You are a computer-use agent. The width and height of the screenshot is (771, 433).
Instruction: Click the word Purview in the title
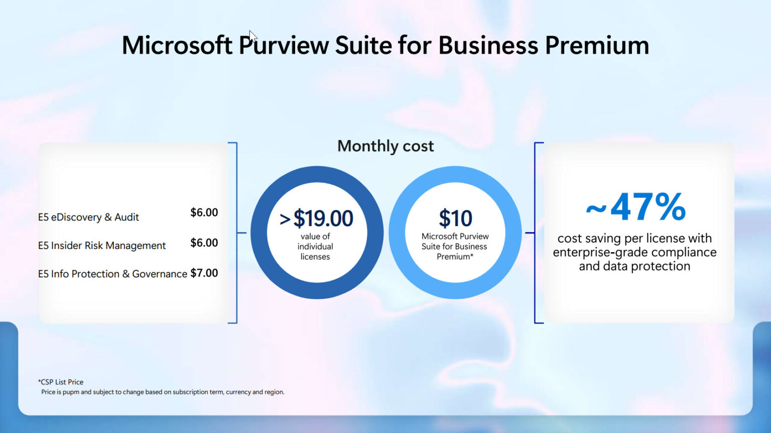point(284,45)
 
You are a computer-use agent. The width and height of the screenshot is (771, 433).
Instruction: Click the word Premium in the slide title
point(597,45)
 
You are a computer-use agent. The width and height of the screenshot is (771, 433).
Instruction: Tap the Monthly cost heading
point(385,146)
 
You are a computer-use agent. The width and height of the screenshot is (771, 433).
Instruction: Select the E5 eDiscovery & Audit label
point(88,217)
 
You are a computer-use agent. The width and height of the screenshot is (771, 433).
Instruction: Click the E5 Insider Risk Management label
point(102,246)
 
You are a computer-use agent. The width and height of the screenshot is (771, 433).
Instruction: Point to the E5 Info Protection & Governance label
point(112,274)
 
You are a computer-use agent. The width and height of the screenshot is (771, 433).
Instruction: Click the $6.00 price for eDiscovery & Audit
point(204,212)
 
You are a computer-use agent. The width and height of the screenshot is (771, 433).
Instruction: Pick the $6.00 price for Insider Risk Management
point(204,243)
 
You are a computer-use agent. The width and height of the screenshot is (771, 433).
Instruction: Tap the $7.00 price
point(204,273)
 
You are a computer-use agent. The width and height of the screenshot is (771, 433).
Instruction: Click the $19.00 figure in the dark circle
point(323,219)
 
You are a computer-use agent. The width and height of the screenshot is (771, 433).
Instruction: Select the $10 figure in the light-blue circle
point(455,219)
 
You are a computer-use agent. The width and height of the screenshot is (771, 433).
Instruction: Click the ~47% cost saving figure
point(648,206)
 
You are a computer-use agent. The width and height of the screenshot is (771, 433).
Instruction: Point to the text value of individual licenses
point(315,247)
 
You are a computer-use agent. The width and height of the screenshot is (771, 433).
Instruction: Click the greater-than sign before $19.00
point(285,220)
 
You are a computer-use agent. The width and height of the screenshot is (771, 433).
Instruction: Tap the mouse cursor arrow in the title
point(252,37)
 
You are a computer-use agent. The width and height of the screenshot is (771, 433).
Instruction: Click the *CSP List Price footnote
point(61,382)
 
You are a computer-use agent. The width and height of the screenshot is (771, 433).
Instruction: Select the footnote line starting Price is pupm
point(163,392)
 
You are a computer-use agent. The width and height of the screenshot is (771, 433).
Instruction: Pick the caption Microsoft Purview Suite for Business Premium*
point(455,247)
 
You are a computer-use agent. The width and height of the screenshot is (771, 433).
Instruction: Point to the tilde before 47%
point(596,208)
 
